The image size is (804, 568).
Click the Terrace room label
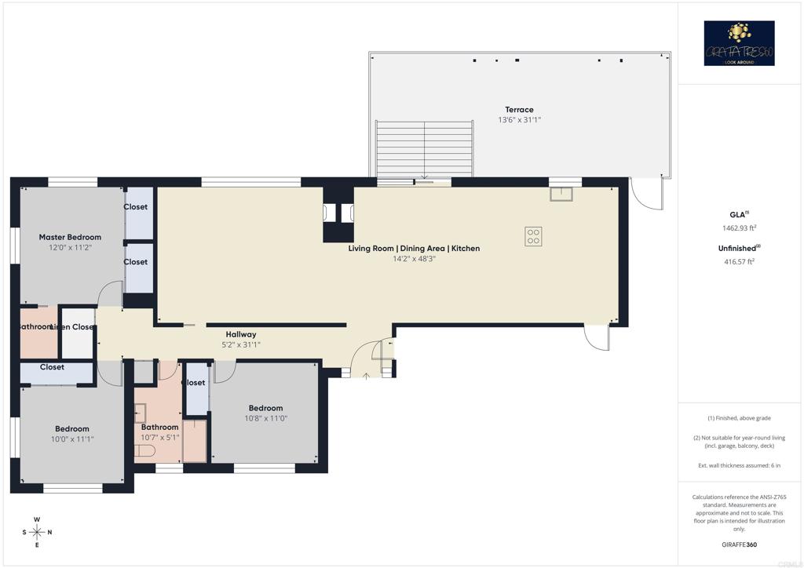pyautogui.click(x=519, y=110)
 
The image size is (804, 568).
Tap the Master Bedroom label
pyautogui.click(x=70, y=237)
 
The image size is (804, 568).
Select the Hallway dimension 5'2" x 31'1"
pyautogui.click(x=241, y=344)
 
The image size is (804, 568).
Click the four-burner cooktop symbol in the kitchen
pyautogui.click(x=533, y=236)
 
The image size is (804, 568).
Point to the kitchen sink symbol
pyautogui.click(x=561, y=194)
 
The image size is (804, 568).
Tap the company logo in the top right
pyautogui.click(x=739, y=43)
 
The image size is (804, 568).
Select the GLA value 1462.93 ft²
pyautogui.click(x=738, y=228)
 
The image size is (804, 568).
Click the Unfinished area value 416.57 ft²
pyautogui.click(x=738, y=261)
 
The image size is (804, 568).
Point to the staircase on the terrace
pyautogui.click(x=425, y=148)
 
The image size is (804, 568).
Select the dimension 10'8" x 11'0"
pyautogui.click(x=266, y=419)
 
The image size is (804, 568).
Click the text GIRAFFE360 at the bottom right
pyautogui.click(x=738, y=544)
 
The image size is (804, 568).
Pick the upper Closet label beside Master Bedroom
pyautogui.click(x=135, y=207)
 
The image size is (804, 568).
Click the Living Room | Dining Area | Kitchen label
pyautogui.click(x=414, y=249)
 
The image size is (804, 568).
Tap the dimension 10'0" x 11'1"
pyautogui.click(x=71, y=439)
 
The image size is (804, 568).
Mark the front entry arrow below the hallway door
pyautogui.click(x=367, y=376)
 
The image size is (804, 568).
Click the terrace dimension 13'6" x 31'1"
pyautogui.click(x=519, y=120)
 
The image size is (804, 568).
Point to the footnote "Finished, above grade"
pyautogui.click(x=738, y=418)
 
